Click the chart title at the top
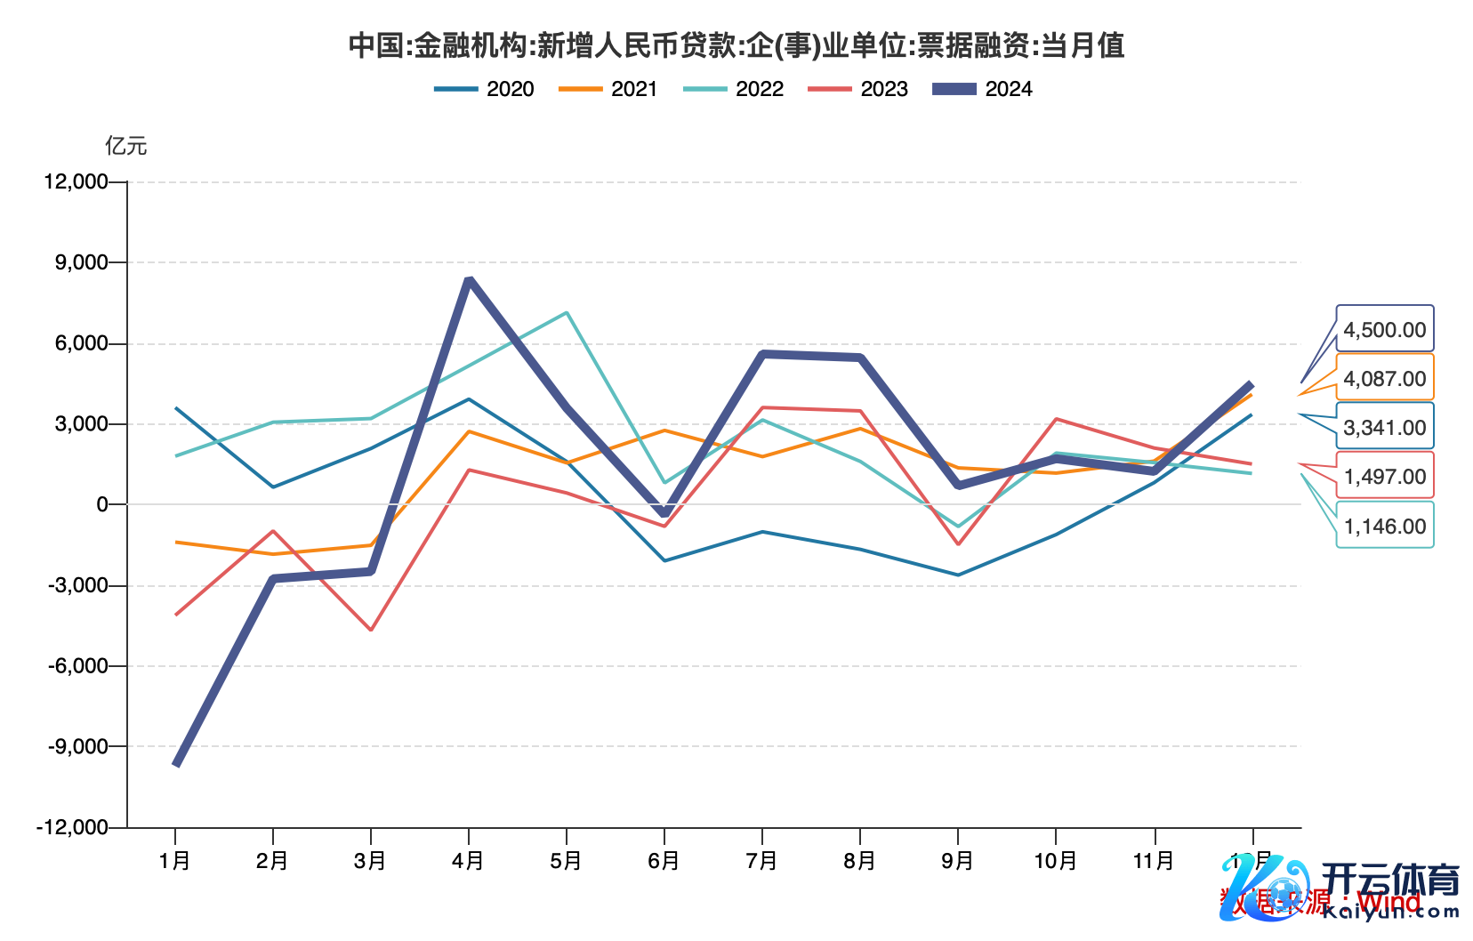tap(736, 44)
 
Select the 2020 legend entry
tap(485, 89)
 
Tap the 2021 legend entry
tap(608, 89)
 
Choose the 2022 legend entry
tap(734, 89)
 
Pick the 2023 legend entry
tap(858, 89)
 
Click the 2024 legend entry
tap(983, 89)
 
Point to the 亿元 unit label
tap(126, 146)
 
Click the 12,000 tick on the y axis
tap(76, 182)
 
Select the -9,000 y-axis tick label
tap(77, 746)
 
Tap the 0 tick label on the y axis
tap(102, 504)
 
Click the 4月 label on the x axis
tap(468, 861)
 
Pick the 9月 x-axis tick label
tap(957, 861)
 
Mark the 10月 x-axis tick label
tap(1055, 861)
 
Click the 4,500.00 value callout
tap(1384, 330)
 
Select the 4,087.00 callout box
tap(1384, 379)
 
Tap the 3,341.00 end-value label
tap(1384, 428)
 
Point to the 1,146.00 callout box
tap(1384, 527)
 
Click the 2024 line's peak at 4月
tap(469, 281)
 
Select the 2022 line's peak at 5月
tap(567, 313)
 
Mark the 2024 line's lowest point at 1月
tap(176, 764)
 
